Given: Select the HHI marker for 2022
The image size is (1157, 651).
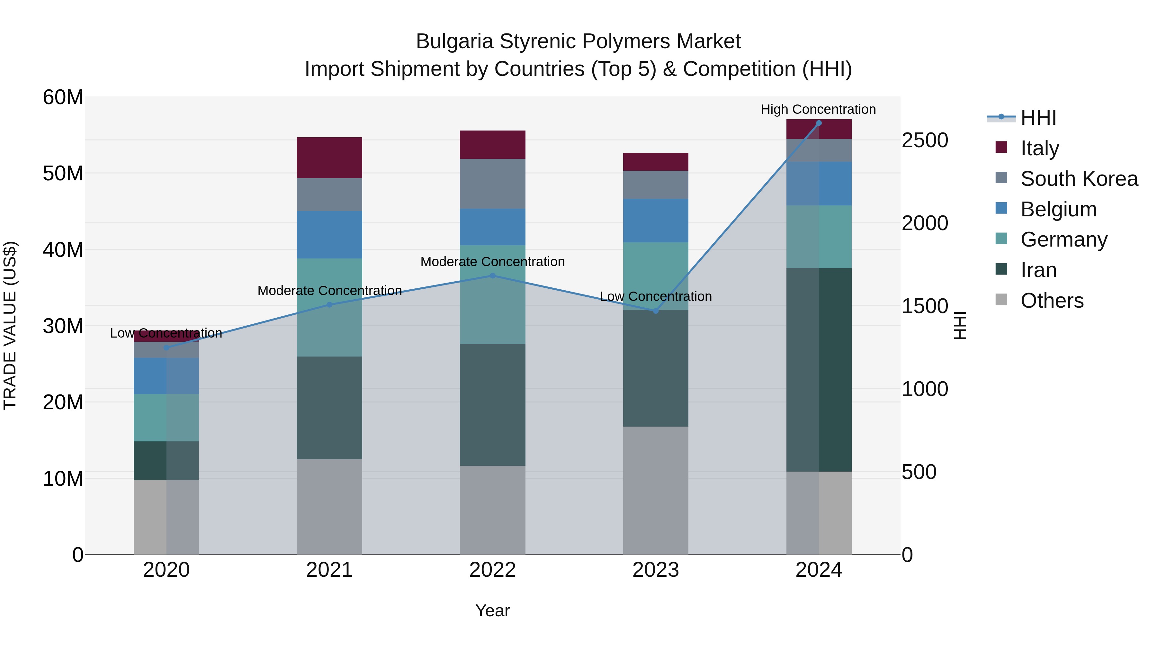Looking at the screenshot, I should [492, 276].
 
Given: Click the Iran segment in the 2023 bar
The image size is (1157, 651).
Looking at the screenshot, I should [655, 368].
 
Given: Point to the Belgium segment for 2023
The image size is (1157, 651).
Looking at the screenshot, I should [655, 221].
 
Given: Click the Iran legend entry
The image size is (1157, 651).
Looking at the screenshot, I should [1038, 270].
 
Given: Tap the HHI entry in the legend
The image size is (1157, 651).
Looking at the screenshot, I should [1037, 118].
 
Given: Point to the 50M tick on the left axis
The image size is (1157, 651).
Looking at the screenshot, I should [63, 173].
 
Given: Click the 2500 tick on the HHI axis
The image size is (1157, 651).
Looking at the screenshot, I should [925, 140].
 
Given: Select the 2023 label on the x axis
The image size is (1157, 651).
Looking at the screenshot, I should [655, 570].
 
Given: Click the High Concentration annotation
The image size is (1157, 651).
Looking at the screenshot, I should [818, 109].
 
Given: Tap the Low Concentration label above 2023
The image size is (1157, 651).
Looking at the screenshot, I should [655, 296].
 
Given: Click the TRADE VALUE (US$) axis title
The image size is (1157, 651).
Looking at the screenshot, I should [10, 325].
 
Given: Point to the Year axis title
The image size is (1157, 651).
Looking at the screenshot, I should [492, 610].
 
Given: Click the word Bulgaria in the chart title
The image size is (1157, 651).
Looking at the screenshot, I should [454, 41].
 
